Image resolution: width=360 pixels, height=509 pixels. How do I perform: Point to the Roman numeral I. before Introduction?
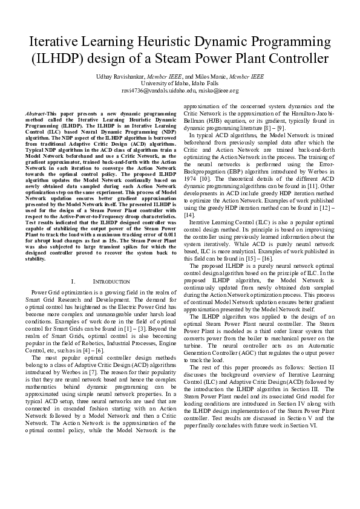point(73,282)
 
